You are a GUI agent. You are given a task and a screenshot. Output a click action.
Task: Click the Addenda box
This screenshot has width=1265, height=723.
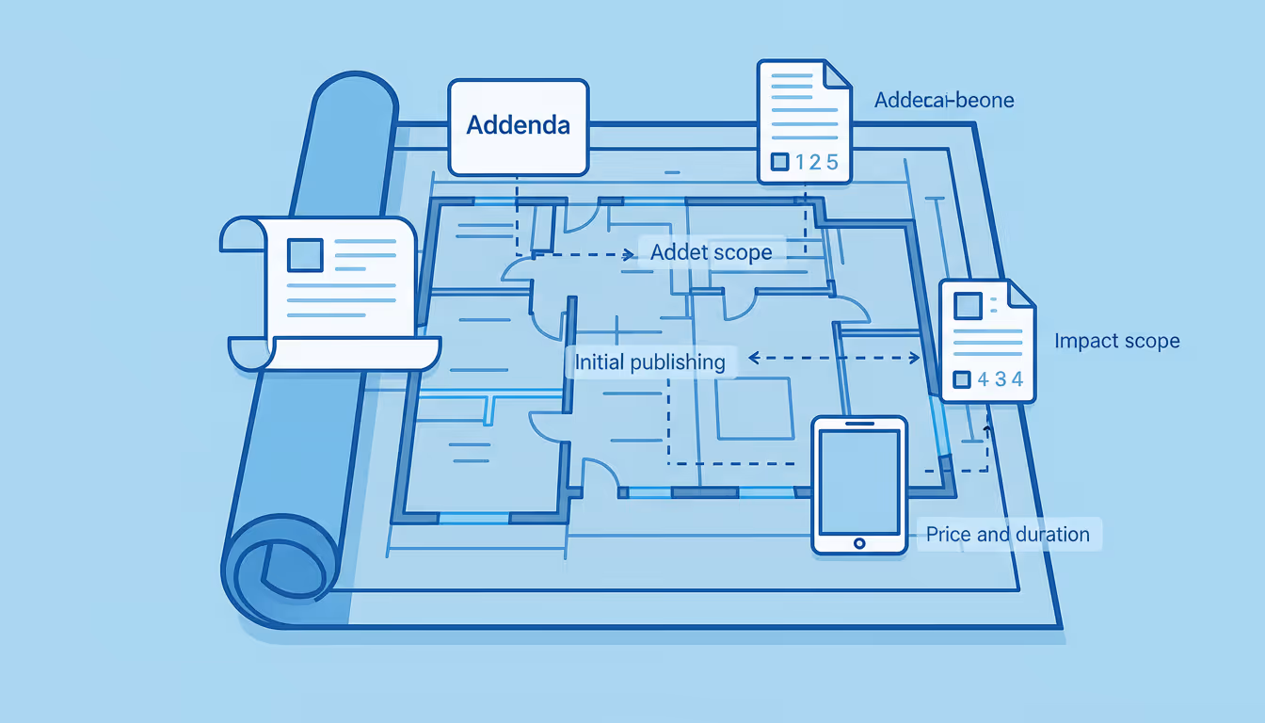coord(519,126)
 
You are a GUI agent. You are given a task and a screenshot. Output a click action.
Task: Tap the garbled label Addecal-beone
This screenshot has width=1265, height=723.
coord(944,100)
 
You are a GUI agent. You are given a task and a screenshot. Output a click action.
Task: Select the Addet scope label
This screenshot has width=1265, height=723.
coord(711,252)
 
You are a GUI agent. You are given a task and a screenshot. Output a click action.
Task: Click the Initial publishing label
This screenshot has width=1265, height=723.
coord(649,362)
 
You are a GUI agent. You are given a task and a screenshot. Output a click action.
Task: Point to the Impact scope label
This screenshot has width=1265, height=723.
coord(1116,341)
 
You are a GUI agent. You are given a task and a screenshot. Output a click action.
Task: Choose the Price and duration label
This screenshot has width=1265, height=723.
coord(1007,535)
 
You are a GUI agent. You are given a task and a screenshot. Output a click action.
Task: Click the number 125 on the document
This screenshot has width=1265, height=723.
coord(816,162)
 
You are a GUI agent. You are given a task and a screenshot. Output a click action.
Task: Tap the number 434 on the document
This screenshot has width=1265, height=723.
coord(1000,380)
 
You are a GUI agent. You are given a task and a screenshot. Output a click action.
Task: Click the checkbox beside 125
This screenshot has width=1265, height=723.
coord(779,162)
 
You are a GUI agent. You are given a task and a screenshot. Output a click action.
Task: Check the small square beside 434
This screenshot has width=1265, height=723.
coord(961,380)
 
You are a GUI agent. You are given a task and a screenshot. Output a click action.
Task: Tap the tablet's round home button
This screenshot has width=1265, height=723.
coord(858,543)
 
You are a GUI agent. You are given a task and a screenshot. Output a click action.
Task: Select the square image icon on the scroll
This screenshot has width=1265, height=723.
coord(305,255)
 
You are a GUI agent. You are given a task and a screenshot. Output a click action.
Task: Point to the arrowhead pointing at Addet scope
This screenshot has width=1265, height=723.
coord(628,254)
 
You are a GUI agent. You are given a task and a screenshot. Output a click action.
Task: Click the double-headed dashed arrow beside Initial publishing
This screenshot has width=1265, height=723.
coord(833,358)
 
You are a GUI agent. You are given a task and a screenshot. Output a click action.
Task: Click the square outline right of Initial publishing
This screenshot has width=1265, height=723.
coord(754,409)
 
